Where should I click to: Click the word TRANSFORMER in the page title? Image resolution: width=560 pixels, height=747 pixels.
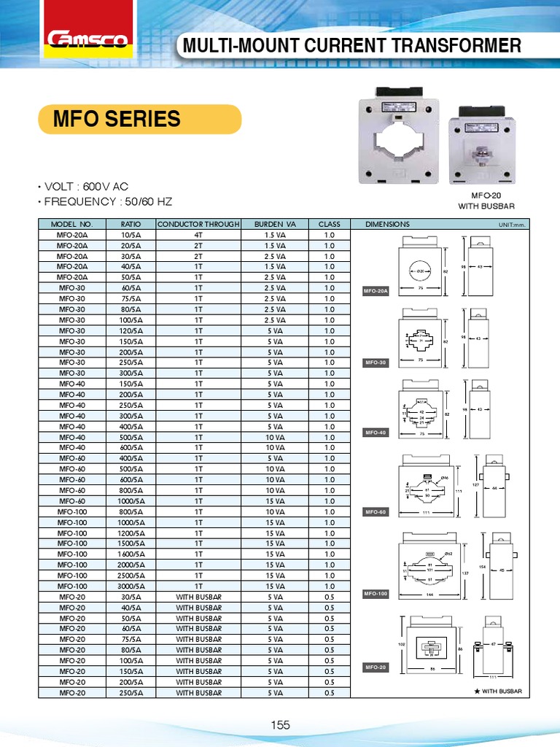click(x=462, y=46)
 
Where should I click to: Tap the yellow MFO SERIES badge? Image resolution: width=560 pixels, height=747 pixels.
click(x=139, y=119)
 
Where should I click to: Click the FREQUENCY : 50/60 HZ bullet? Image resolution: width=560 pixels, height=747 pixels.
click(x=109, y=201)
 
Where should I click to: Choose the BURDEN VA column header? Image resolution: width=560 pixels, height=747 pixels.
click(x=274, y=224)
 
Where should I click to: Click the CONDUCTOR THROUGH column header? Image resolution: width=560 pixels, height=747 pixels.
click(x=198, y=224)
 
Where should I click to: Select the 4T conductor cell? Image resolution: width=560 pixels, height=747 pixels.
click(x=198, y=235)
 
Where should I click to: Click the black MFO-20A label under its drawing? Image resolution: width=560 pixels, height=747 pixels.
click(x=376, y=291)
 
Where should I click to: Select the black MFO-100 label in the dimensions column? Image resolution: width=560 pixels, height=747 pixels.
click(x=376, y=595)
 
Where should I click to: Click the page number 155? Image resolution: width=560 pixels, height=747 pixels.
click(x=281, y=724)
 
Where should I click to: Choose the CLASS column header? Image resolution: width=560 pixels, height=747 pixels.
click(x=329, y=224)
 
